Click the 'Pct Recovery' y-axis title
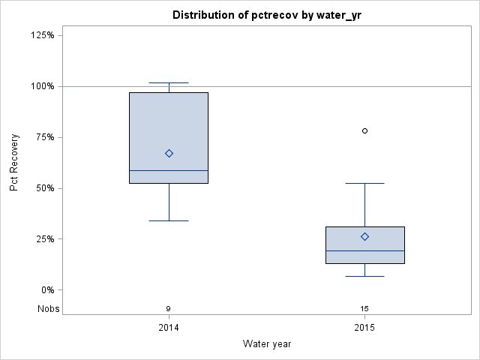pos(14,163)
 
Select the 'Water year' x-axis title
pos(266,343)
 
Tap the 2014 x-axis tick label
pos(169,328)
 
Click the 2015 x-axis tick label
pos(364,328)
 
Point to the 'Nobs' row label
pos(49,309)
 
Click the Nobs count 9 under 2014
pos(169,309)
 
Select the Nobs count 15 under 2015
pos(364,309)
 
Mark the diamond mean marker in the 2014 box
pos(169,153)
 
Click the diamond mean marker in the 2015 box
pos(364,236)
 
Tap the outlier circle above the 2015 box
pos(364,130)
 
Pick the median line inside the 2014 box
pos(169,170)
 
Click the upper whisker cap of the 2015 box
pos(364,183)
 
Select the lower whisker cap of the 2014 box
pos(169,220)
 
